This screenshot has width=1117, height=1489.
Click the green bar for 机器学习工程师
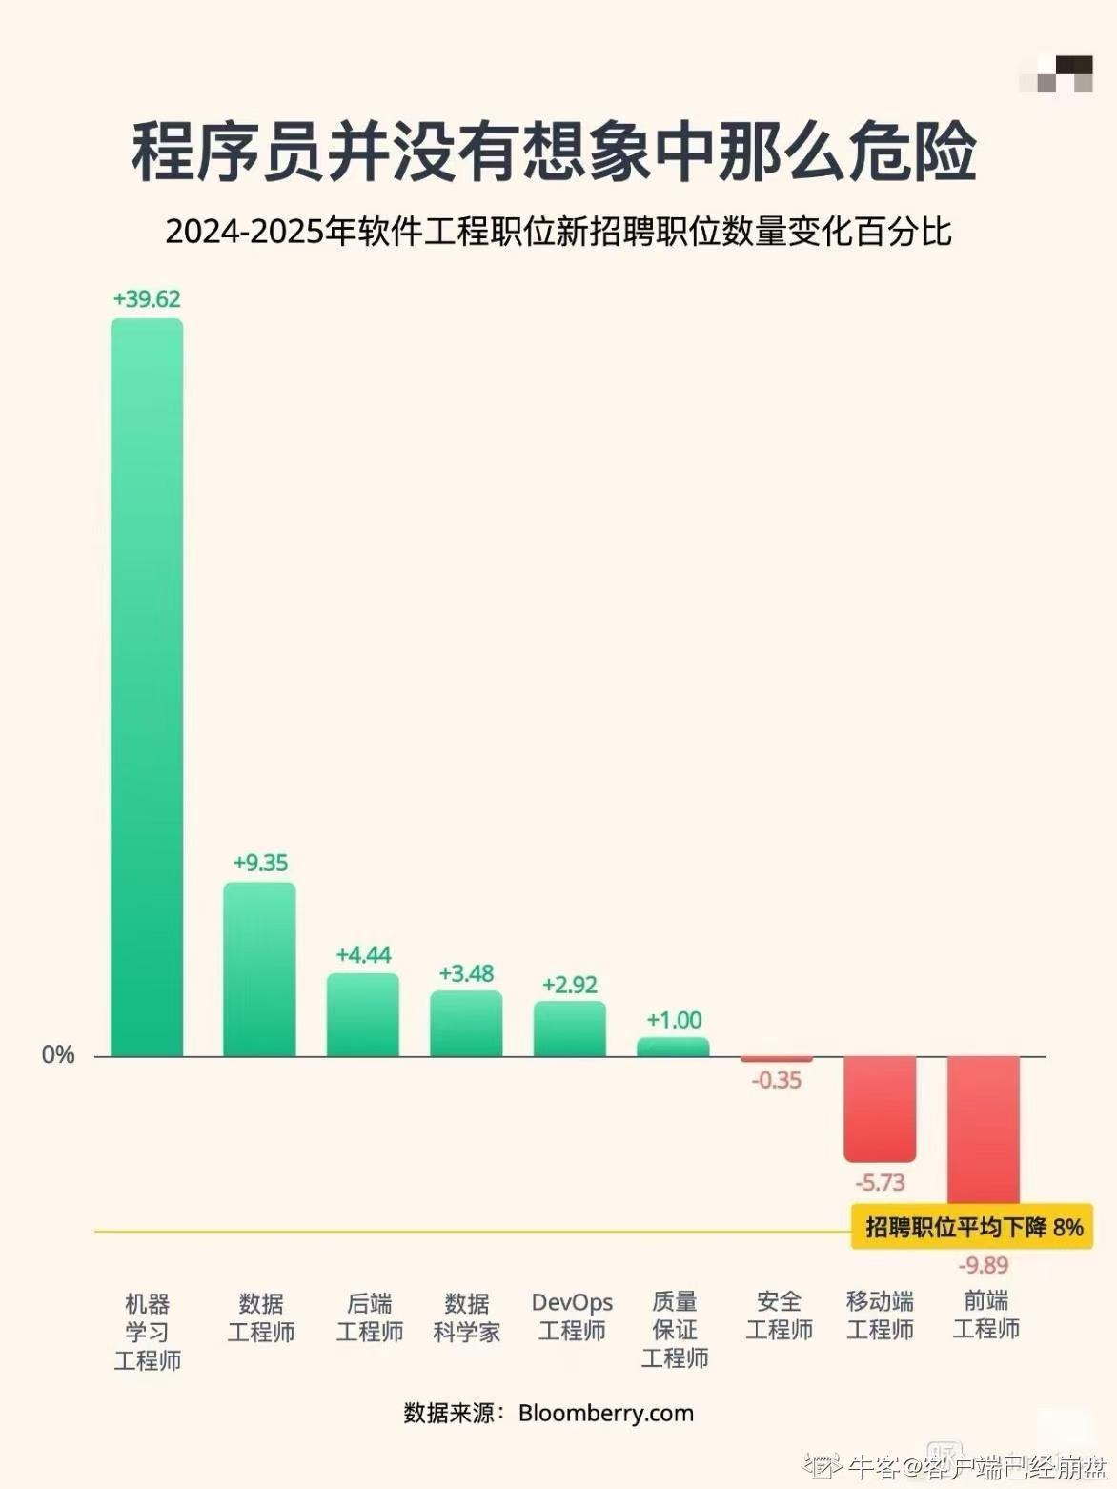click(x=147, y=686)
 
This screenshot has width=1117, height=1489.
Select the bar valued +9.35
click(x=259, y=969)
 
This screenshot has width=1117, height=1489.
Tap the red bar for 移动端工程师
click(x=880, y=1108)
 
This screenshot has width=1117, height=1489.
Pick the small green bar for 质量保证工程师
click(x=673, y=1047)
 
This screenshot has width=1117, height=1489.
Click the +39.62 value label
click(x=147, y=299)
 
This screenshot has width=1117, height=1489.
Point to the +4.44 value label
click(x=363, y=955)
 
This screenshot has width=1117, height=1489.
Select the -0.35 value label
click(x=777, y=1081)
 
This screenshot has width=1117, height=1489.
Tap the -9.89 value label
click(x=983, y=1265)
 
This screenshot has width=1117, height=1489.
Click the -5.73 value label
click(x=880, y=1183)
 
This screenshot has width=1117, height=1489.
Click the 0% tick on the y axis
click(x=58, y=1054)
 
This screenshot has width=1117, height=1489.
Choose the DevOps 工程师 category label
click(x=572, y=1316)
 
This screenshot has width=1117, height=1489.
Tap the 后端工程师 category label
click(x=370, y=1316)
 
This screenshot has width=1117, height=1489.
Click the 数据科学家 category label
click(x=467, y=1316)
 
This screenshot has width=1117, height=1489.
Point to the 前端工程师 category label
click(x=985, y=1315)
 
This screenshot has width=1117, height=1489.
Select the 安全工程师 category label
click(x=779, y=1316)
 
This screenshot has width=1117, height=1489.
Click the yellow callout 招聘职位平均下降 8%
click(x=972, y=1226)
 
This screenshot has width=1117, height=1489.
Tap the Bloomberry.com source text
click(x=605, y=1413)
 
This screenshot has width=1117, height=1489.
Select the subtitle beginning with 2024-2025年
click(x=558, y=232)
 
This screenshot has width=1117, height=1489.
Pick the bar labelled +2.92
click(x=569, y=1029)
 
